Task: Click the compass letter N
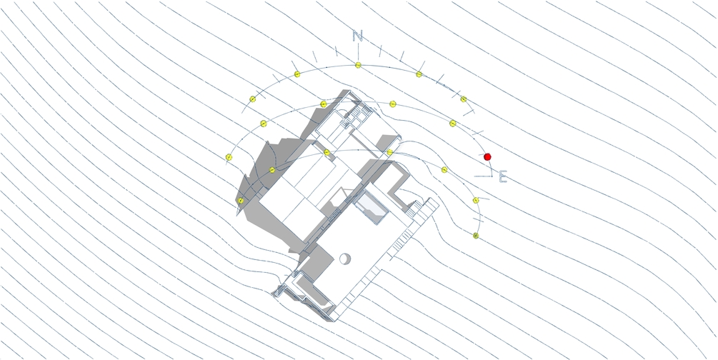pos(358,36)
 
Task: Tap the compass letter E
pos(503,176)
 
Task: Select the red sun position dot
pos(487,156)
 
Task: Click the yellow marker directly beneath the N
pos(358,65)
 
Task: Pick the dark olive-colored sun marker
pos(476,236)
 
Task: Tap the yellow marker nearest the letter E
pos(476,200)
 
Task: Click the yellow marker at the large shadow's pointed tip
pos(240,201)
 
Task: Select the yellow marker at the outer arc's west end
pos(229,157)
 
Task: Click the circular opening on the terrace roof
pos(344,259)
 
